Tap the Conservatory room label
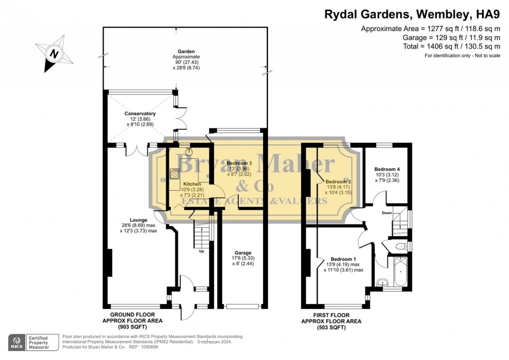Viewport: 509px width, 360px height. (x=140, y=114)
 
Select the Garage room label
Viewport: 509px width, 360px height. (x=243, y=253)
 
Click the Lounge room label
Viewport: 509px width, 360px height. (x=138, y=220)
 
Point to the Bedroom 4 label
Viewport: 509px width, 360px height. (x=387, y=169)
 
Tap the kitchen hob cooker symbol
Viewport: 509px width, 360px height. (x=175, y=174)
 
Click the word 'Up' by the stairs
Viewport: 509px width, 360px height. (x=202, y=251)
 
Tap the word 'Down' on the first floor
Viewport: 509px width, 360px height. (x=386, y=212)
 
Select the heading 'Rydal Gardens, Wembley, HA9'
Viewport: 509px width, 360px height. (x=412, y=14)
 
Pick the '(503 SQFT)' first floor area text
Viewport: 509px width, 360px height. (x=331, y=328)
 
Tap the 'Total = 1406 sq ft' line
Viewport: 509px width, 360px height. (x=451, y=46)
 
